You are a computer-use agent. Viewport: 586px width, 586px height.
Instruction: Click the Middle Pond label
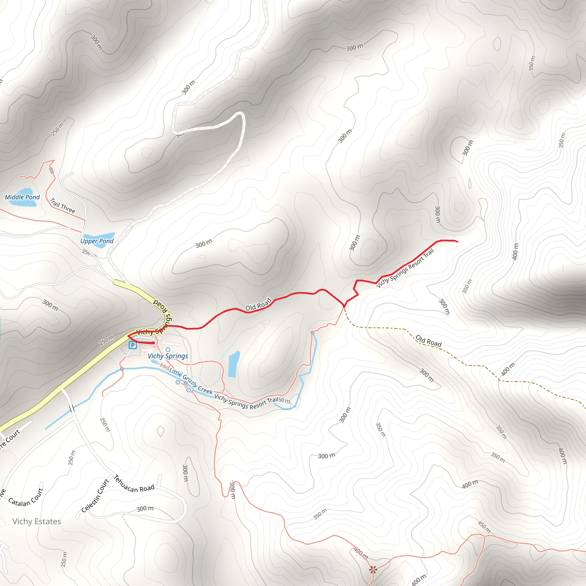click(22, 197)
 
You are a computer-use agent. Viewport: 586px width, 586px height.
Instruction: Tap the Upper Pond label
click(97, 241)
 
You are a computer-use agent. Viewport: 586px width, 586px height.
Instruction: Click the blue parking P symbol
click(132, 345)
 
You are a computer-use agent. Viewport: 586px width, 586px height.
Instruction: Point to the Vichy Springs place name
click(168, 356)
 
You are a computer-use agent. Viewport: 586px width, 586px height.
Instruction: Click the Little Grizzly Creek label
click(191, 381)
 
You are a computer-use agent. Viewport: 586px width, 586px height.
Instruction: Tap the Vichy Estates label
click(37, 521)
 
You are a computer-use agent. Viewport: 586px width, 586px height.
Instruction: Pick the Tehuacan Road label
click(134, 484)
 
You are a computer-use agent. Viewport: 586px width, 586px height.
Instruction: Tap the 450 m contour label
click(484, 527)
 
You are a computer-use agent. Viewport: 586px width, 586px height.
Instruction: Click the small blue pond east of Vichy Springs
click(233, 364)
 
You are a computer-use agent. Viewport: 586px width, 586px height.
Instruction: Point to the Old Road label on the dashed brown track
click(428, 341)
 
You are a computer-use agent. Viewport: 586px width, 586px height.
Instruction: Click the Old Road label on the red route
click(258, 304)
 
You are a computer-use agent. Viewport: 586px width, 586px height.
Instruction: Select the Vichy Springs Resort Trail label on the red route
click(405, 268)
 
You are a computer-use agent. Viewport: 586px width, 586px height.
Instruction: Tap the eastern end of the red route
click(457, 242)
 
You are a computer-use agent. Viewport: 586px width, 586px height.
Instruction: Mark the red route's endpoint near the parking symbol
click(154, 343)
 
